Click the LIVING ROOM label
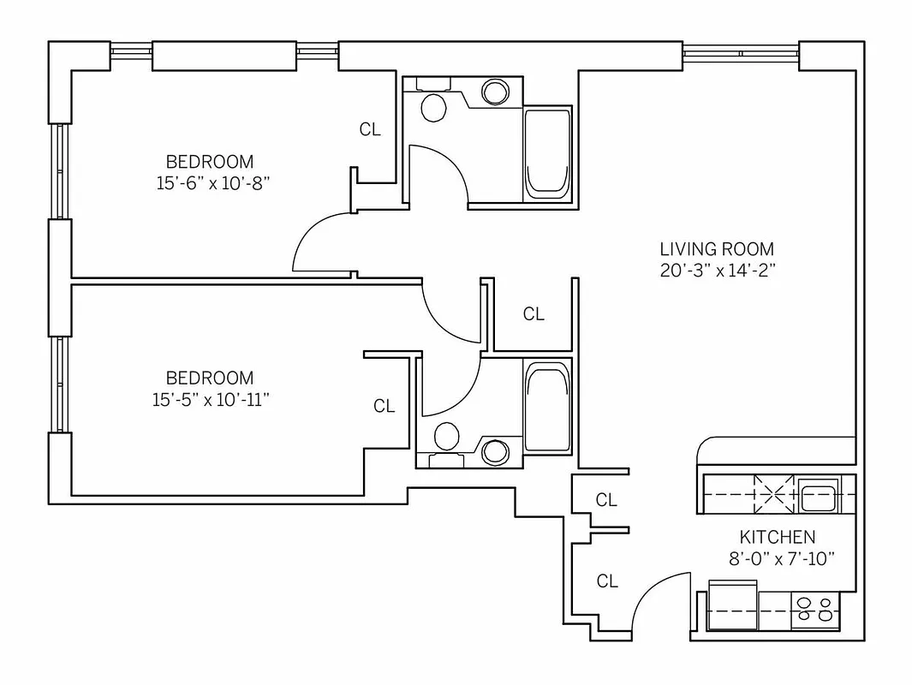point(716,249)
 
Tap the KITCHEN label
point(777,537)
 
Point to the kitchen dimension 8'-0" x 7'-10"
point(777,557)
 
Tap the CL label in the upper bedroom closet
point(369,130)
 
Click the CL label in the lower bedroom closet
point(384,407)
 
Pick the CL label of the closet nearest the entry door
point(606,582)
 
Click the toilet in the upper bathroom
point(434,108)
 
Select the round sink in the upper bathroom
point(495,92)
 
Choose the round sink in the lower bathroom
point(494,452)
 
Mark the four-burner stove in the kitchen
point(814,609)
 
